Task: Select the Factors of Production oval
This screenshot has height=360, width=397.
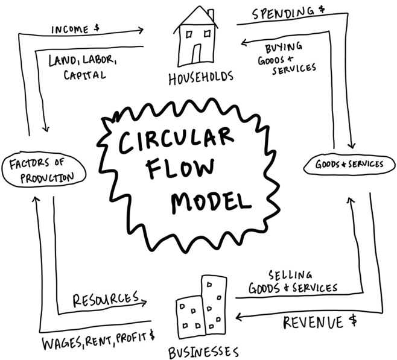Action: click(x=43, y=170)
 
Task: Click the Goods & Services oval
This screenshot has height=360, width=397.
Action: click(x=349, y=165)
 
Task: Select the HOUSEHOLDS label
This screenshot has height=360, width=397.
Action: click(x=200, y=78)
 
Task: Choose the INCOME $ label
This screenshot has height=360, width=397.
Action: click(x=75, y=30)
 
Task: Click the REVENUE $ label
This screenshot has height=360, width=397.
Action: click(x=320, y=323)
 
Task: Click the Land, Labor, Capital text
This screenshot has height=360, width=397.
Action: click(x=84, y=67)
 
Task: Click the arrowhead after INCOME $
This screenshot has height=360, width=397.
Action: click(x=139, y=30)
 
